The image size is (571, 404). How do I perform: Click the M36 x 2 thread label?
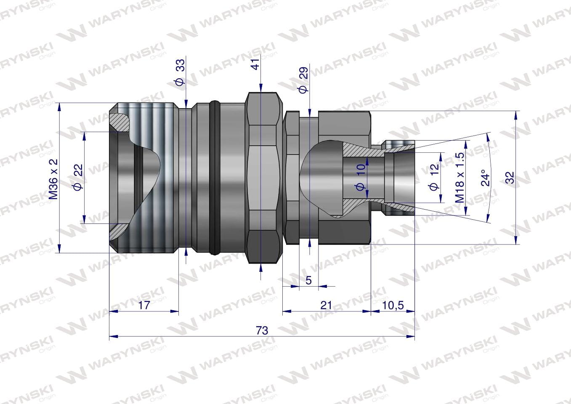coord(53,178)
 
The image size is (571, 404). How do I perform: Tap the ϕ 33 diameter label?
coord(180,73)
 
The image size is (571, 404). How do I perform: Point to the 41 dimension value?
coord(255,64)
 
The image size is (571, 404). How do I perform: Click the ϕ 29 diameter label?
coord(303,80)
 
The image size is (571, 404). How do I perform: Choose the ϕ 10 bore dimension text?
coord(361,177)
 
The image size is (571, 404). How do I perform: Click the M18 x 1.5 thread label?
coord(460,178)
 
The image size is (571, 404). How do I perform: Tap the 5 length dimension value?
coord(308,280)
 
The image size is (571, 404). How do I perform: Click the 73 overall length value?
coord(262,331)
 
